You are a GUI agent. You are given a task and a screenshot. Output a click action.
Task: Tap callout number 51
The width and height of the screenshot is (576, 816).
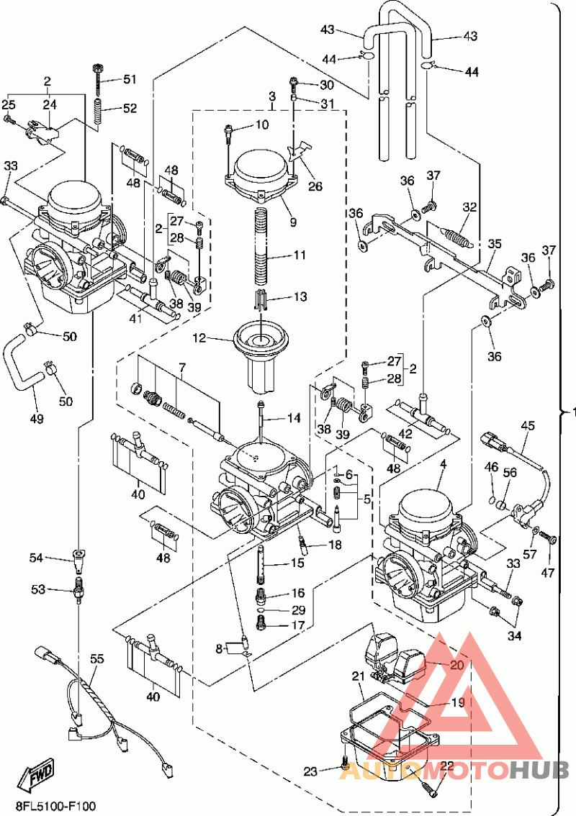129,79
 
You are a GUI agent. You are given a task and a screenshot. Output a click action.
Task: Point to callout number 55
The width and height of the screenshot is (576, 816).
96,658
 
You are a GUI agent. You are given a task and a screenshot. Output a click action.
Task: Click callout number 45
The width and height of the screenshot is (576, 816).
528,426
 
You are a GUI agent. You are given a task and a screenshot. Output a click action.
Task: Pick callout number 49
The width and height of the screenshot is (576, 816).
35,418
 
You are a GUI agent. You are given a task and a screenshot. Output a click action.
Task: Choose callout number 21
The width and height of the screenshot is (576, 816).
358,676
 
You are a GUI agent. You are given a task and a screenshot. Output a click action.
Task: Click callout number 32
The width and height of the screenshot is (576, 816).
469,207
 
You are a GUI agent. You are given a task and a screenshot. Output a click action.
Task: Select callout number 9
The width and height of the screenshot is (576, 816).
293,222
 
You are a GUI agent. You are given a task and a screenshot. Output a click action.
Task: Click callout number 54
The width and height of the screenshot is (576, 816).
36,558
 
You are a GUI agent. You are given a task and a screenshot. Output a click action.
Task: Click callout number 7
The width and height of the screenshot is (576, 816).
183,367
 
